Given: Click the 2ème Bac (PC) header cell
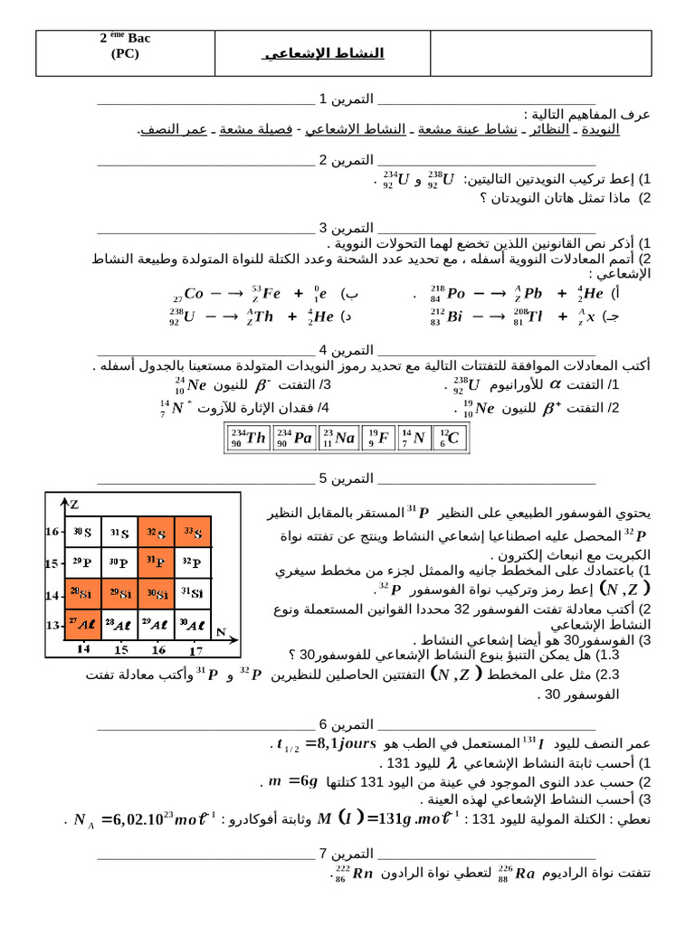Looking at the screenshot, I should click(x=125, y=46).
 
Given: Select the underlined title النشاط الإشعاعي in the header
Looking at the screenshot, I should click(x=323, y=53).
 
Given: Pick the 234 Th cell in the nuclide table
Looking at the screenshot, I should click(x=247, y=439).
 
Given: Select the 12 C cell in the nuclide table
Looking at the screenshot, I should click(x=450, y=439).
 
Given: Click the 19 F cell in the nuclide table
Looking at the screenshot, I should click(x=377, y=439).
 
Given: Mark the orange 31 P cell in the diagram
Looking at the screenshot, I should click(x=157, y=562).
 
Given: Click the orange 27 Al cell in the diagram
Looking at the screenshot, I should click(x=82, y=624).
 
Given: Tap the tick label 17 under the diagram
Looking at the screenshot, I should click(x=195, y=648).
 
